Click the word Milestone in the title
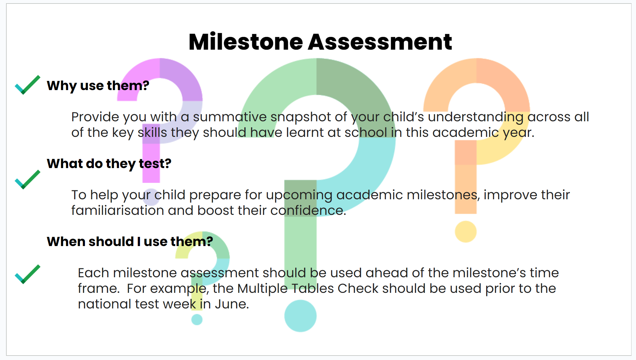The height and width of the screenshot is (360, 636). (x=246, y=42)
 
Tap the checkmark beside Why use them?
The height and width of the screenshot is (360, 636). (x=28, y=85)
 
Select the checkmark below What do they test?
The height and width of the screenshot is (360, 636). (x=28, y=180)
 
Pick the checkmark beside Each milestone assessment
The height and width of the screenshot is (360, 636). (x=28, y=274)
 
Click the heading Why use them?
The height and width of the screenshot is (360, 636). (x=98, y=86)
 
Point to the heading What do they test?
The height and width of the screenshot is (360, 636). (x=109, y=164)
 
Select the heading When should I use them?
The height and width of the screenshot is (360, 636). (x=130, y=242)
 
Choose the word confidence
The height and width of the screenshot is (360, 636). (x=308, y=210)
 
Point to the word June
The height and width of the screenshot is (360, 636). (x=232, y=304)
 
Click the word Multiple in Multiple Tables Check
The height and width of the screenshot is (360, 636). (x=262, y=289)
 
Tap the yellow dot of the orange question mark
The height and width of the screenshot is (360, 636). (x=465, y=231)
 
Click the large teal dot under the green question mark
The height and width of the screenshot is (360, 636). (x=300, y=316)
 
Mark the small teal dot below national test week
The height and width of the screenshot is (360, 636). (x=197, y=319)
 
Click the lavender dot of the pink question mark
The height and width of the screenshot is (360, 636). (x=151, y=197)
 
